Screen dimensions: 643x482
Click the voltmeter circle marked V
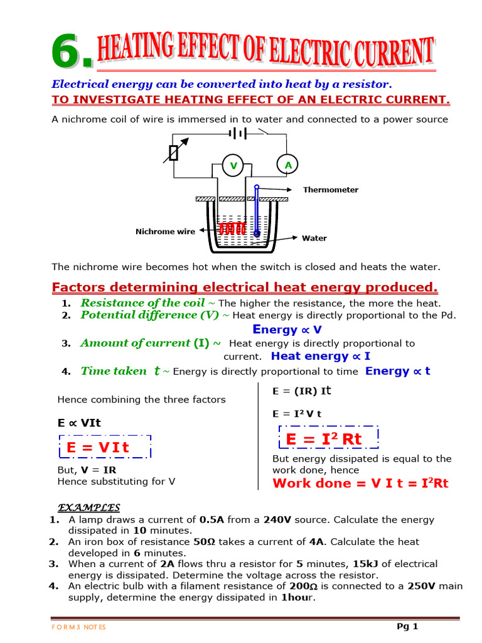(233, 166)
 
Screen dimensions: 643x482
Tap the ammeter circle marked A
(288, 165)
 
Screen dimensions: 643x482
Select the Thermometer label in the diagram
(330, 190)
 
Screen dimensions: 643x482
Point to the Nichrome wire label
(165, 232)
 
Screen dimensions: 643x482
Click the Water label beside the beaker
(314, 239)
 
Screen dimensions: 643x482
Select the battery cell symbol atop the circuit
(238, 133)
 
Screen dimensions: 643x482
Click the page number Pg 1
(407, 626)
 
